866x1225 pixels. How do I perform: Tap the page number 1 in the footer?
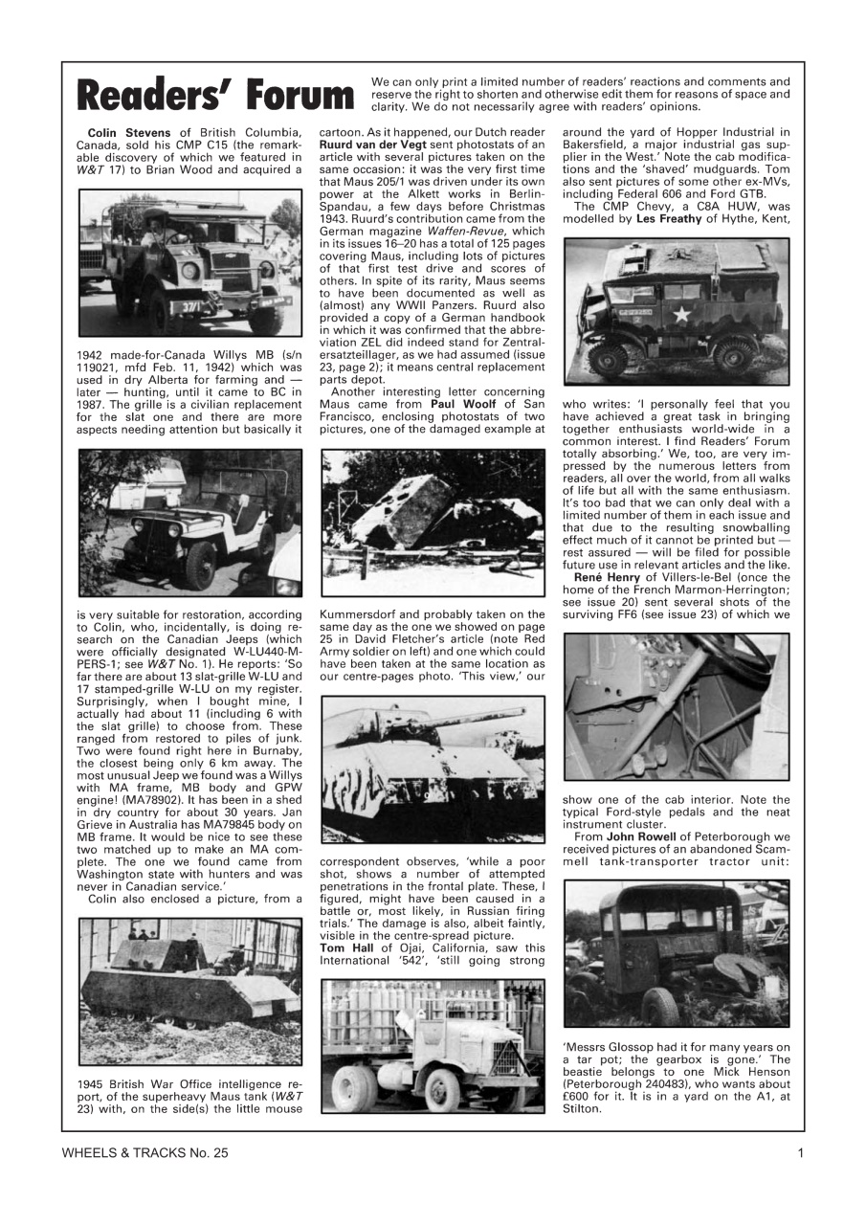point(800,1153)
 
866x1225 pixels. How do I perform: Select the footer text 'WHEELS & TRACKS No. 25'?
point(145,1153)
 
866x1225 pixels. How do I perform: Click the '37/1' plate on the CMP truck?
point(188,308)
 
